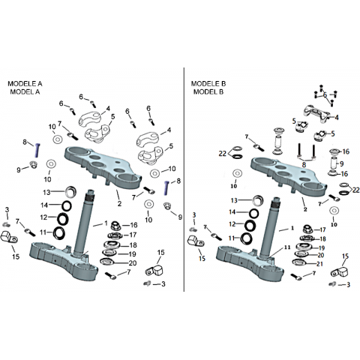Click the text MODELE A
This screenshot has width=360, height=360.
[x=25, y=83]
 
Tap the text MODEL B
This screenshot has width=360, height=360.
[x=208, y=91]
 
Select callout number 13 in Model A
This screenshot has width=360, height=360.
[x=46, y=192]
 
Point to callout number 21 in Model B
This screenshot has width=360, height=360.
[x=319, y=264]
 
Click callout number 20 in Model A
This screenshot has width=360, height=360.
[x=133, y=263]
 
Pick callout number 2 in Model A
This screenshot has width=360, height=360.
[x=119, y=203]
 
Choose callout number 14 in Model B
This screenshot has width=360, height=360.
[x=232, y=212]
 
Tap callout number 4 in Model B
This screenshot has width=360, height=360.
[x=337, y=117]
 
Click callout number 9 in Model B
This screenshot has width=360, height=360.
[x=341, y=163]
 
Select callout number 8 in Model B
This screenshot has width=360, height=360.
[x=304, y=165]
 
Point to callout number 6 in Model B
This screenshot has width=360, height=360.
[x=325, y=95]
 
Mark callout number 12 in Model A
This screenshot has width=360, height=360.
[x=43, y=217]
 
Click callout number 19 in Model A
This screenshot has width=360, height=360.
[x=132, y=254]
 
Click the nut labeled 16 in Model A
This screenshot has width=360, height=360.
[x=115, y=225]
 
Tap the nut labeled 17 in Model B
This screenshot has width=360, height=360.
[x=307, y=229]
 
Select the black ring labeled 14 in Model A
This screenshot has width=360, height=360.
[x=67, y=205]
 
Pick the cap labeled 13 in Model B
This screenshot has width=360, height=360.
[x=257, y=200]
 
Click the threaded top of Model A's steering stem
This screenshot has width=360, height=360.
[x=90, y=196]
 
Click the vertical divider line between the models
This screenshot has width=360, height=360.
[x=184, y=179]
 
